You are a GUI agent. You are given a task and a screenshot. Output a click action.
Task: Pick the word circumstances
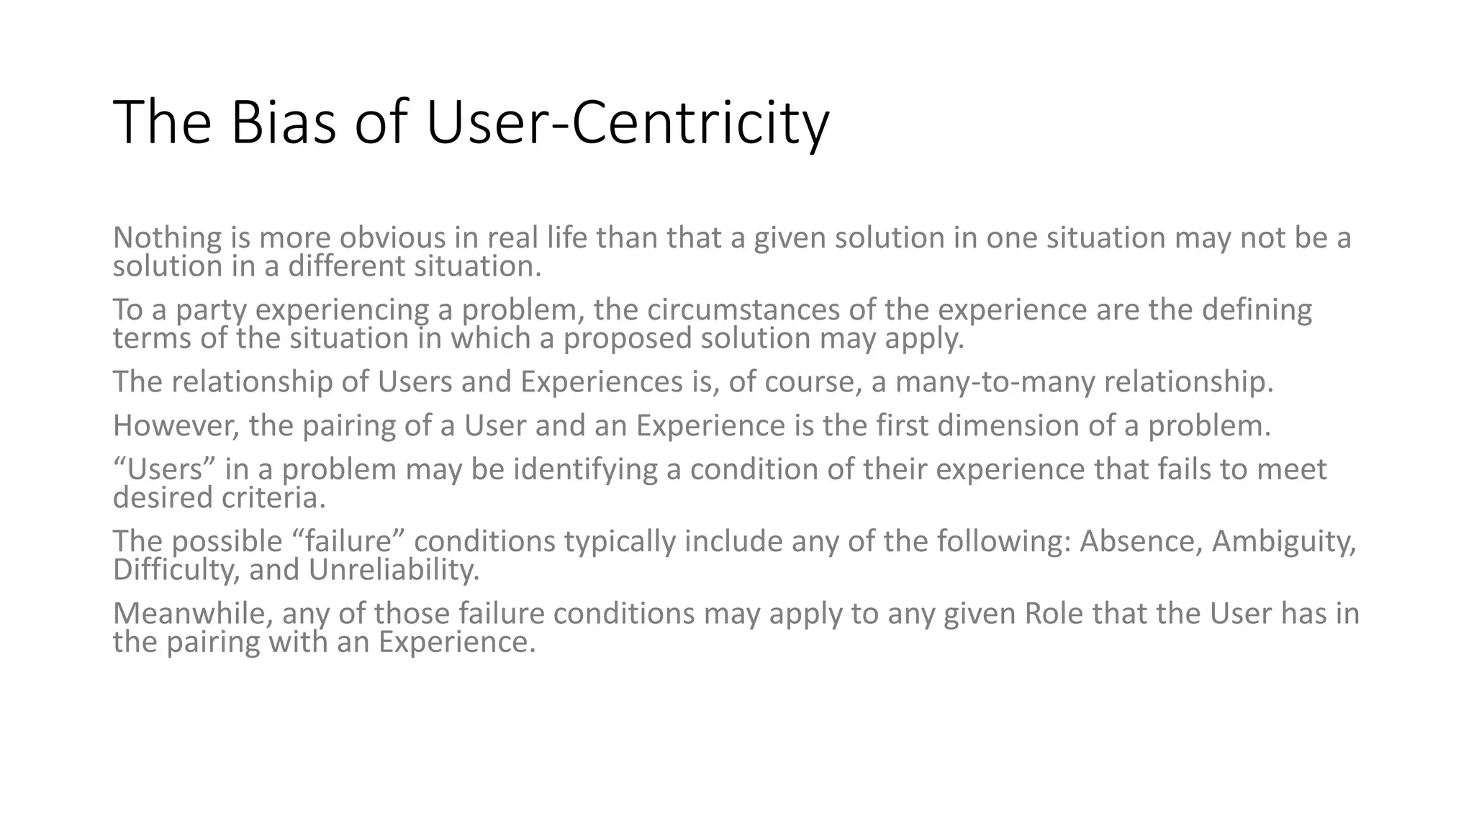(x=743, y=309)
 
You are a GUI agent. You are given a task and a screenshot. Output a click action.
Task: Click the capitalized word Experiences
(x=601, y=381)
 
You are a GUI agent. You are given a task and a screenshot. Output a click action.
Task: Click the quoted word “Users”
(x=165, y=469)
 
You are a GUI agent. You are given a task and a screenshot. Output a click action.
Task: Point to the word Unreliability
(x=394, y=570)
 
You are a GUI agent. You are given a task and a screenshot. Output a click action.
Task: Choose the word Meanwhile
(x=192, y=614)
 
